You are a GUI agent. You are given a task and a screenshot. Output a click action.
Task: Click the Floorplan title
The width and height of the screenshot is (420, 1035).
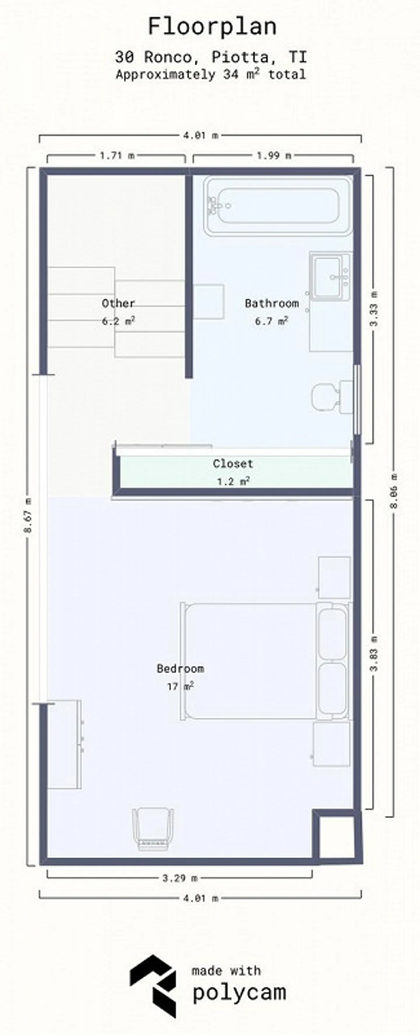coord(212,27)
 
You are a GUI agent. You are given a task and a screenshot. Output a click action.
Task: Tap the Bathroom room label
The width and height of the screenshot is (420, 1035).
coord(272,303)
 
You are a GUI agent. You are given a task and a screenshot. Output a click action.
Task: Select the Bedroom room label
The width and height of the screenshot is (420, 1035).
coord(180,669)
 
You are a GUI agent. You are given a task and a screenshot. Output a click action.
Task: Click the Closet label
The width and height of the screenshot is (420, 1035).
coord(233,464)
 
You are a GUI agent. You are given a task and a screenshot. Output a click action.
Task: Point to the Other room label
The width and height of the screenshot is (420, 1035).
coord(118,303)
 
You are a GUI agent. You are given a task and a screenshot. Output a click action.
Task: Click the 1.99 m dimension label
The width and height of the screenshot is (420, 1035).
coord(274,156)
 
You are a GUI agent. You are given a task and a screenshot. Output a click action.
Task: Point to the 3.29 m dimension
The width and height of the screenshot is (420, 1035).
coord(180,878)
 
